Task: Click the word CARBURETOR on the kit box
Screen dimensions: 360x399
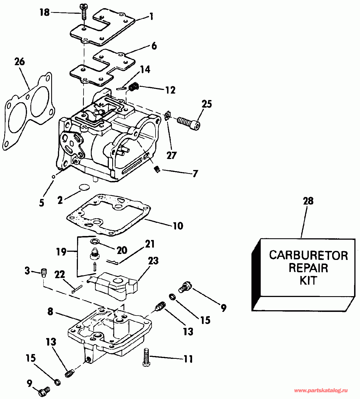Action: [309, 255]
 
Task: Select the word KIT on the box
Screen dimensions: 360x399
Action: [309, 281]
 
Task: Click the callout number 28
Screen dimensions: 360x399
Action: [308, 201]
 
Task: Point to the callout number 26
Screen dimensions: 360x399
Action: [20, 62]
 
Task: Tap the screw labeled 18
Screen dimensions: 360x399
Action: [84, 12]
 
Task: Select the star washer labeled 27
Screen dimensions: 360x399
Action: [168, 116]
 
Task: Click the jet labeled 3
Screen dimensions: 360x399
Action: [44, 272]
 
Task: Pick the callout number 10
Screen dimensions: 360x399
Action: [178, 226]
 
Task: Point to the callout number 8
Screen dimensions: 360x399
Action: [50, 311]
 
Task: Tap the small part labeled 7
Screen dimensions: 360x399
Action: [157, 170]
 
